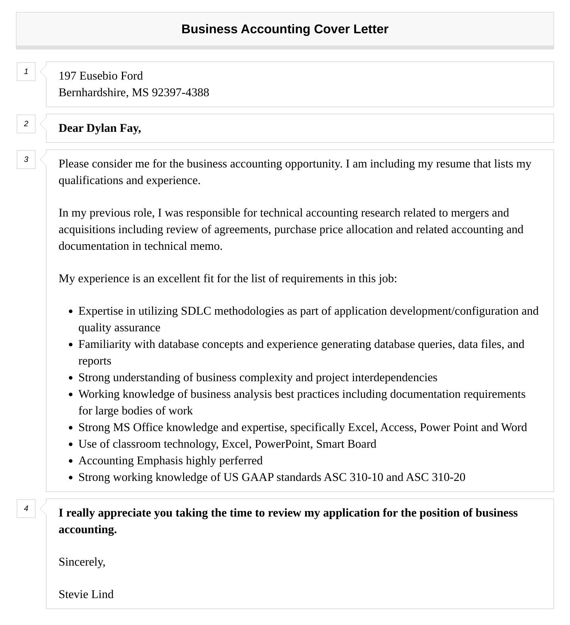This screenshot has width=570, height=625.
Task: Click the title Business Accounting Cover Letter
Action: (285, 29)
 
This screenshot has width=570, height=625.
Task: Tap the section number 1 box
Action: (26, 72)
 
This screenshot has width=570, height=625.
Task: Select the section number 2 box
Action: (26, 124)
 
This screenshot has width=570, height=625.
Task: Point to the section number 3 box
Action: (26, 160)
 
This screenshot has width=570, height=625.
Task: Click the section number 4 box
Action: (26, 509)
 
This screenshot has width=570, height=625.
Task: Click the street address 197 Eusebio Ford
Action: (101, 76)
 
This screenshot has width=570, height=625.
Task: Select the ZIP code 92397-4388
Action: (180, 93)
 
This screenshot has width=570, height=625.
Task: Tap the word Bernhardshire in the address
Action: (93, 93)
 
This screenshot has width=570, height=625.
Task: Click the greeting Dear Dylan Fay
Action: (100, 128)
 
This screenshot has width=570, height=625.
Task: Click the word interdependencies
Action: (394, 378)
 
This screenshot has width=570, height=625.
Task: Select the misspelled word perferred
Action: (240, 461)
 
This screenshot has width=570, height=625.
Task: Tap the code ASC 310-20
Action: (435, 477)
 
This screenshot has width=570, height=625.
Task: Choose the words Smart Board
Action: (346, 444)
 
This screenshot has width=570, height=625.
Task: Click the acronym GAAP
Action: (257, 477)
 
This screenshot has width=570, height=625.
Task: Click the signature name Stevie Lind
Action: (86, 595)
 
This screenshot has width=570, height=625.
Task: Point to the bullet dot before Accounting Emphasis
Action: (71, 461)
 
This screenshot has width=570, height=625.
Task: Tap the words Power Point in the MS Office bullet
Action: (448, 427)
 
